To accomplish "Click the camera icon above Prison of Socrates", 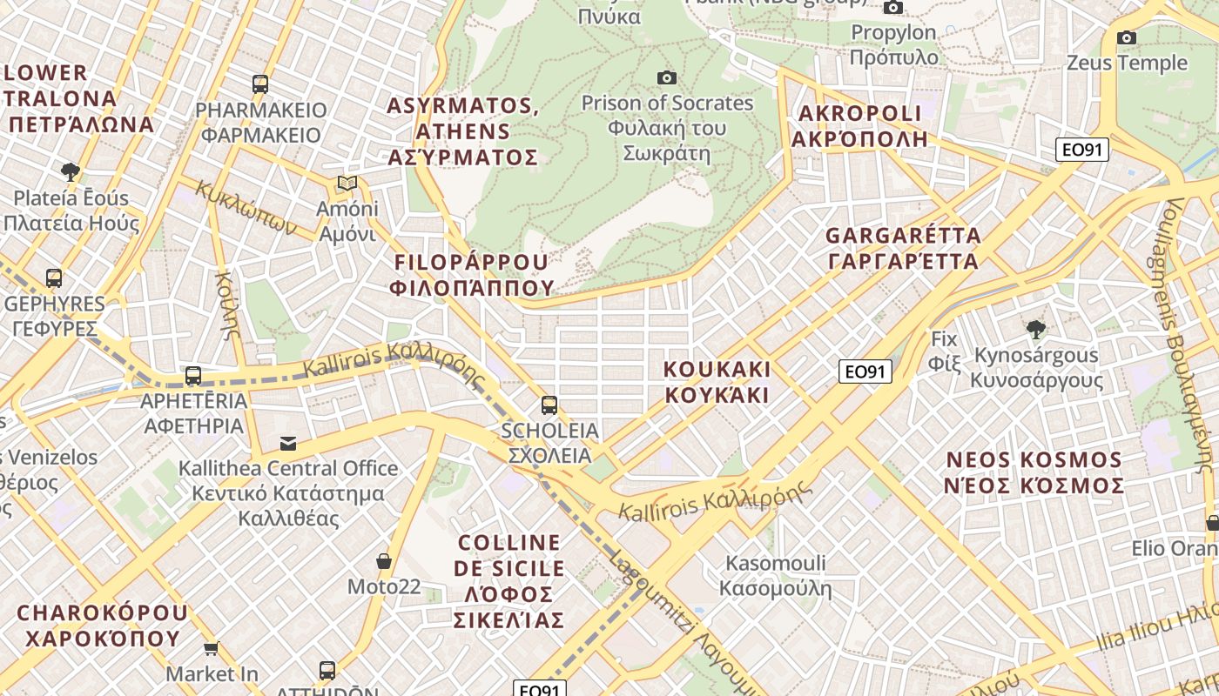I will pyautogui.click(x=667, y=78).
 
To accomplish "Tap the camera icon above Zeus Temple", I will pyautogui.click(x=1126, y=37).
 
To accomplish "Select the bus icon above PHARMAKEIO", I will pyautogui.click(x=260, y=84).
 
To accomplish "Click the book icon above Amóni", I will pyautogui.click(x=347, y=184).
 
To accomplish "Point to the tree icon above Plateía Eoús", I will pyautogui.click(x=71, y=171).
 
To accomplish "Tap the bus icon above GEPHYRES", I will pyautogui.click(x=54, y=278).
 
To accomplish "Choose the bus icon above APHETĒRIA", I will pyautogui.click(x=193, y=376).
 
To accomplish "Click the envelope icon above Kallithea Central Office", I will pyautogui.click(x=287, y=444).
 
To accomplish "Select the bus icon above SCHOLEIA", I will pyautogui.click(x=549, y=405).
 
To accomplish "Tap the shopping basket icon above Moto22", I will pyautogui.click(x=383, y=561).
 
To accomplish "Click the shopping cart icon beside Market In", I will pyautogui.click(x=211, y=648).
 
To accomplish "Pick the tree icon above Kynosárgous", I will pyautogui.click(x=1035, y=330).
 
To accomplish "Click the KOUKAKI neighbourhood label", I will pyautogui.click(x=717, y=382).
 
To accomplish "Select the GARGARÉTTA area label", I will pyautogui.click(x=903, y=248).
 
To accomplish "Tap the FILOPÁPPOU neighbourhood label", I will pyautogui.click(x=474, y=274).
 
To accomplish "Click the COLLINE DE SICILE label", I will pyautogui.click(x=509, y=580).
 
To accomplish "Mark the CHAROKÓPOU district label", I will pyautogui.click(x=102, y=625).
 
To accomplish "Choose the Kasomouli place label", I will pyautogui.click(x=775, y=576).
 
